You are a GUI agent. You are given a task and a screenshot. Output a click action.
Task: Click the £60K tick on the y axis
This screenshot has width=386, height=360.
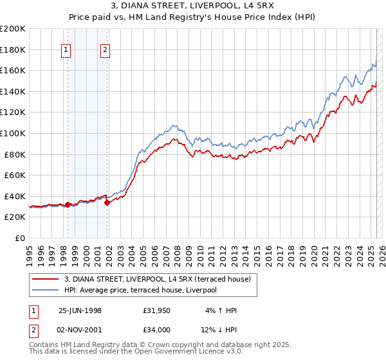click(15, 175)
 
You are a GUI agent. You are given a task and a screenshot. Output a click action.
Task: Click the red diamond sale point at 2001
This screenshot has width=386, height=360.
click(107, 203)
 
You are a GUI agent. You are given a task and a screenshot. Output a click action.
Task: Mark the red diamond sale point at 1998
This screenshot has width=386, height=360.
click(68, 204)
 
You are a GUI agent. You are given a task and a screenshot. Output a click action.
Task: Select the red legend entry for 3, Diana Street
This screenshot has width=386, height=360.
click(161, 278)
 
